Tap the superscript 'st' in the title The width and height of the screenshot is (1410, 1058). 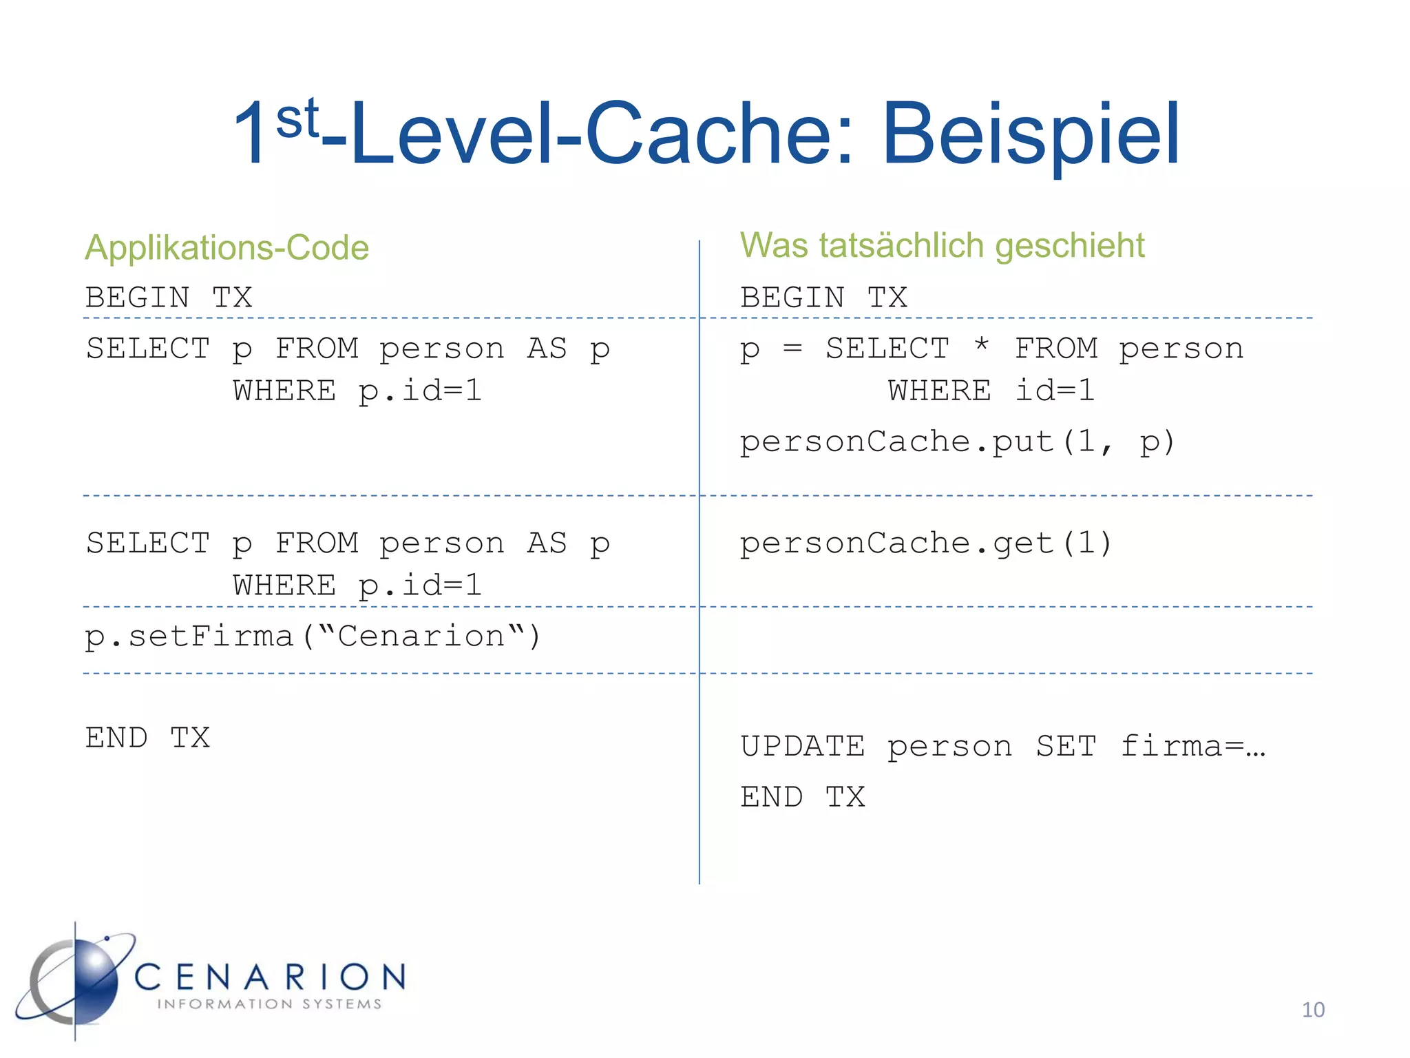[297, 118]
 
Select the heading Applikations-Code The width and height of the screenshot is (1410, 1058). [227, 248]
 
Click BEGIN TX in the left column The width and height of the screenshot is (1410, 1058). [169, 298]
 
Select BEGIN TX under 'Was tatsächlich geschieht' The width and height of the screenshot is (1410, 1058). [823, 298]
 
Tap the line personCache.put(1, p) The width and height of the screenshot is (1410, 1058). [957, 442]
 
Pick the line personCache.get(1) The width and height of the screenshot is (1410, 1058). [926, 543]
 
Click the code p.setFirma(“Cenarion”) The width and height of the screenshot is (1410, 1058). [313, 636]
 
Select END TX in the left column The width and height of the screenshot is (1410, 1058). [147, 738]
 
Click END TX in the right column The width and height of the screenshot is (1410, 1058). [803, 797]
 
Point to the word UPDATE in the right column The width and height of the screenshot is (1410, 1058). [803, 747]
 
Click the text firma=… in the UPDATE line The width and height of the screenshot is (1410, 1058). [1193, 747]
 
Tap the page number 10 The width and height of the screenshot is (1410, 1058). [1313, 1010]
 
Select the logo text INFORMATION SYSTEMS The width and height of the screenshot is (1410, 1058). [269, 1004]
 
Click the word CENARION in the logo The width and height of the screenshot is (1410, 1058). [270, 977]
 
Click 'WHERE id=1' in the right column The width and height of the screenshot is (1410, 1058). [991, 391]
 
